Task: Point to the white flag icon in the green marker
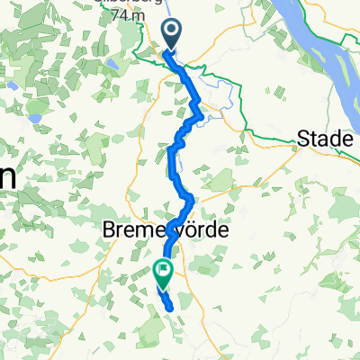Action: click(163, 267)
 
